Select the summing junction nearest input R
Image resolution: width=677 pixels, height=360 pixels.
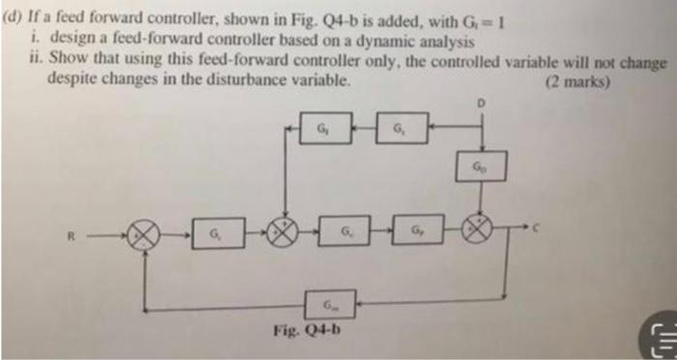[x=144, y=233]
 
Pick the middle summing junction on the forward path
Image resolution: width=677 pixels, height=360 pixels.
[x=285, y=232]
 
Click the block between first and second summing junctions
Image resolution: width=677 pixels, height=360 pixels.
[x=213, y=232]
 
